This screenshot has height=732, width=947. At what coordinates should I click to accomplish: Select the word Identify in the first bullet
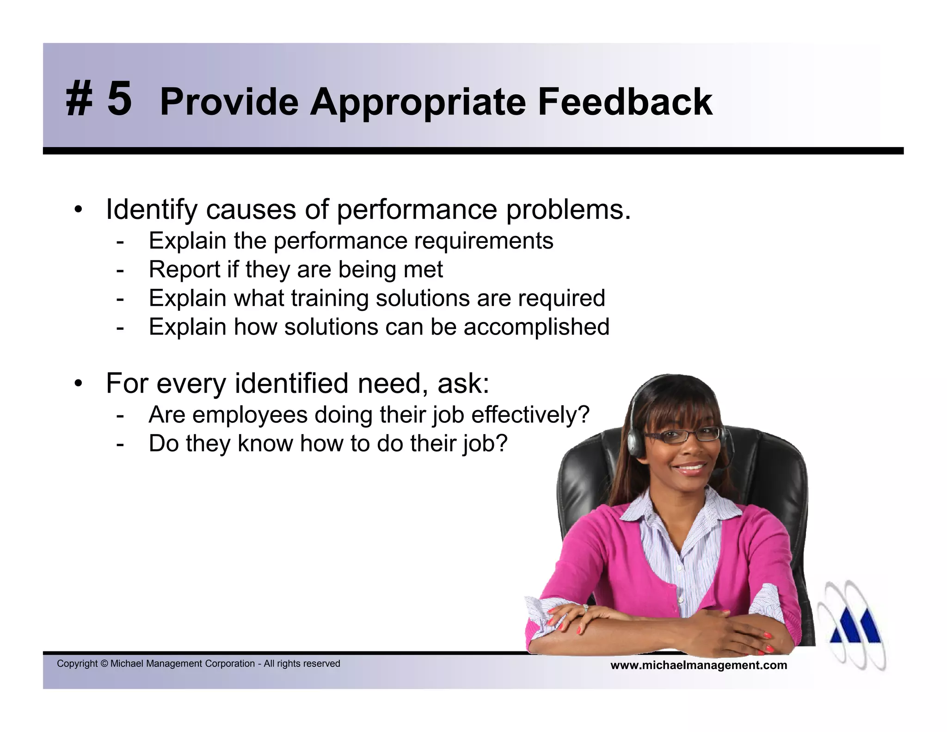pyautogui.click(x=151, y=210)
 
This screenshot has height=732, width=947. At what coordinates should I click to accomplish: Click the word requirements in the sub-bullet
pyautogui.click(x=483, y=241)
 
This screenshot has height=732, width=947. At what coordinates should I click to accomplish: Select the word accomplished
pyautogui.click(x=536, y=327)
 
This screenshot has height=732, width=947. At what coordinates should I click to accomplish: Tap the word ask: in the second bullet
pyautogui.click(x=463, y=384)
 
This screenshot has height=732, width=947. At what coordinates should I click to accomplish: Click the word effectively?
pyautogui.click(x=530, y=415)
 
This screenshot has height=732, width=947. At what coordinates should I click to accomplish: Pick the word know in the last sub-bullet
pyautogui.click(x=265, y=443)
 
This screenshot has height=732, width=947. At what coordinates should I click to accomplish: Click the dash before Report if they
pyautogui.click(x=120, y=270)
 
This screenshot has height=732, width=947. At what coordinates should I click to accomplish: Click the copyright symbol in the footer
pyautogui.click(x=104, y=664)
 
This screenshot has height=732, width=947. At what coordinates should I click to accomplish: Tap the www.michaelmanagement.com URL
pyautogui.click(x=698, y=665)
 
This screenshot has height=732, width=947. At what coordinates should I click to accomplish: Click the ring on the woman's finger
pyautogui.click(x=585, y=608)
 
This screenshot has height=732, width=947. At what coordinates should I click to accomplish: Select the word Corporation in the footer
pyautogui.click(x=230, y=664)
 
